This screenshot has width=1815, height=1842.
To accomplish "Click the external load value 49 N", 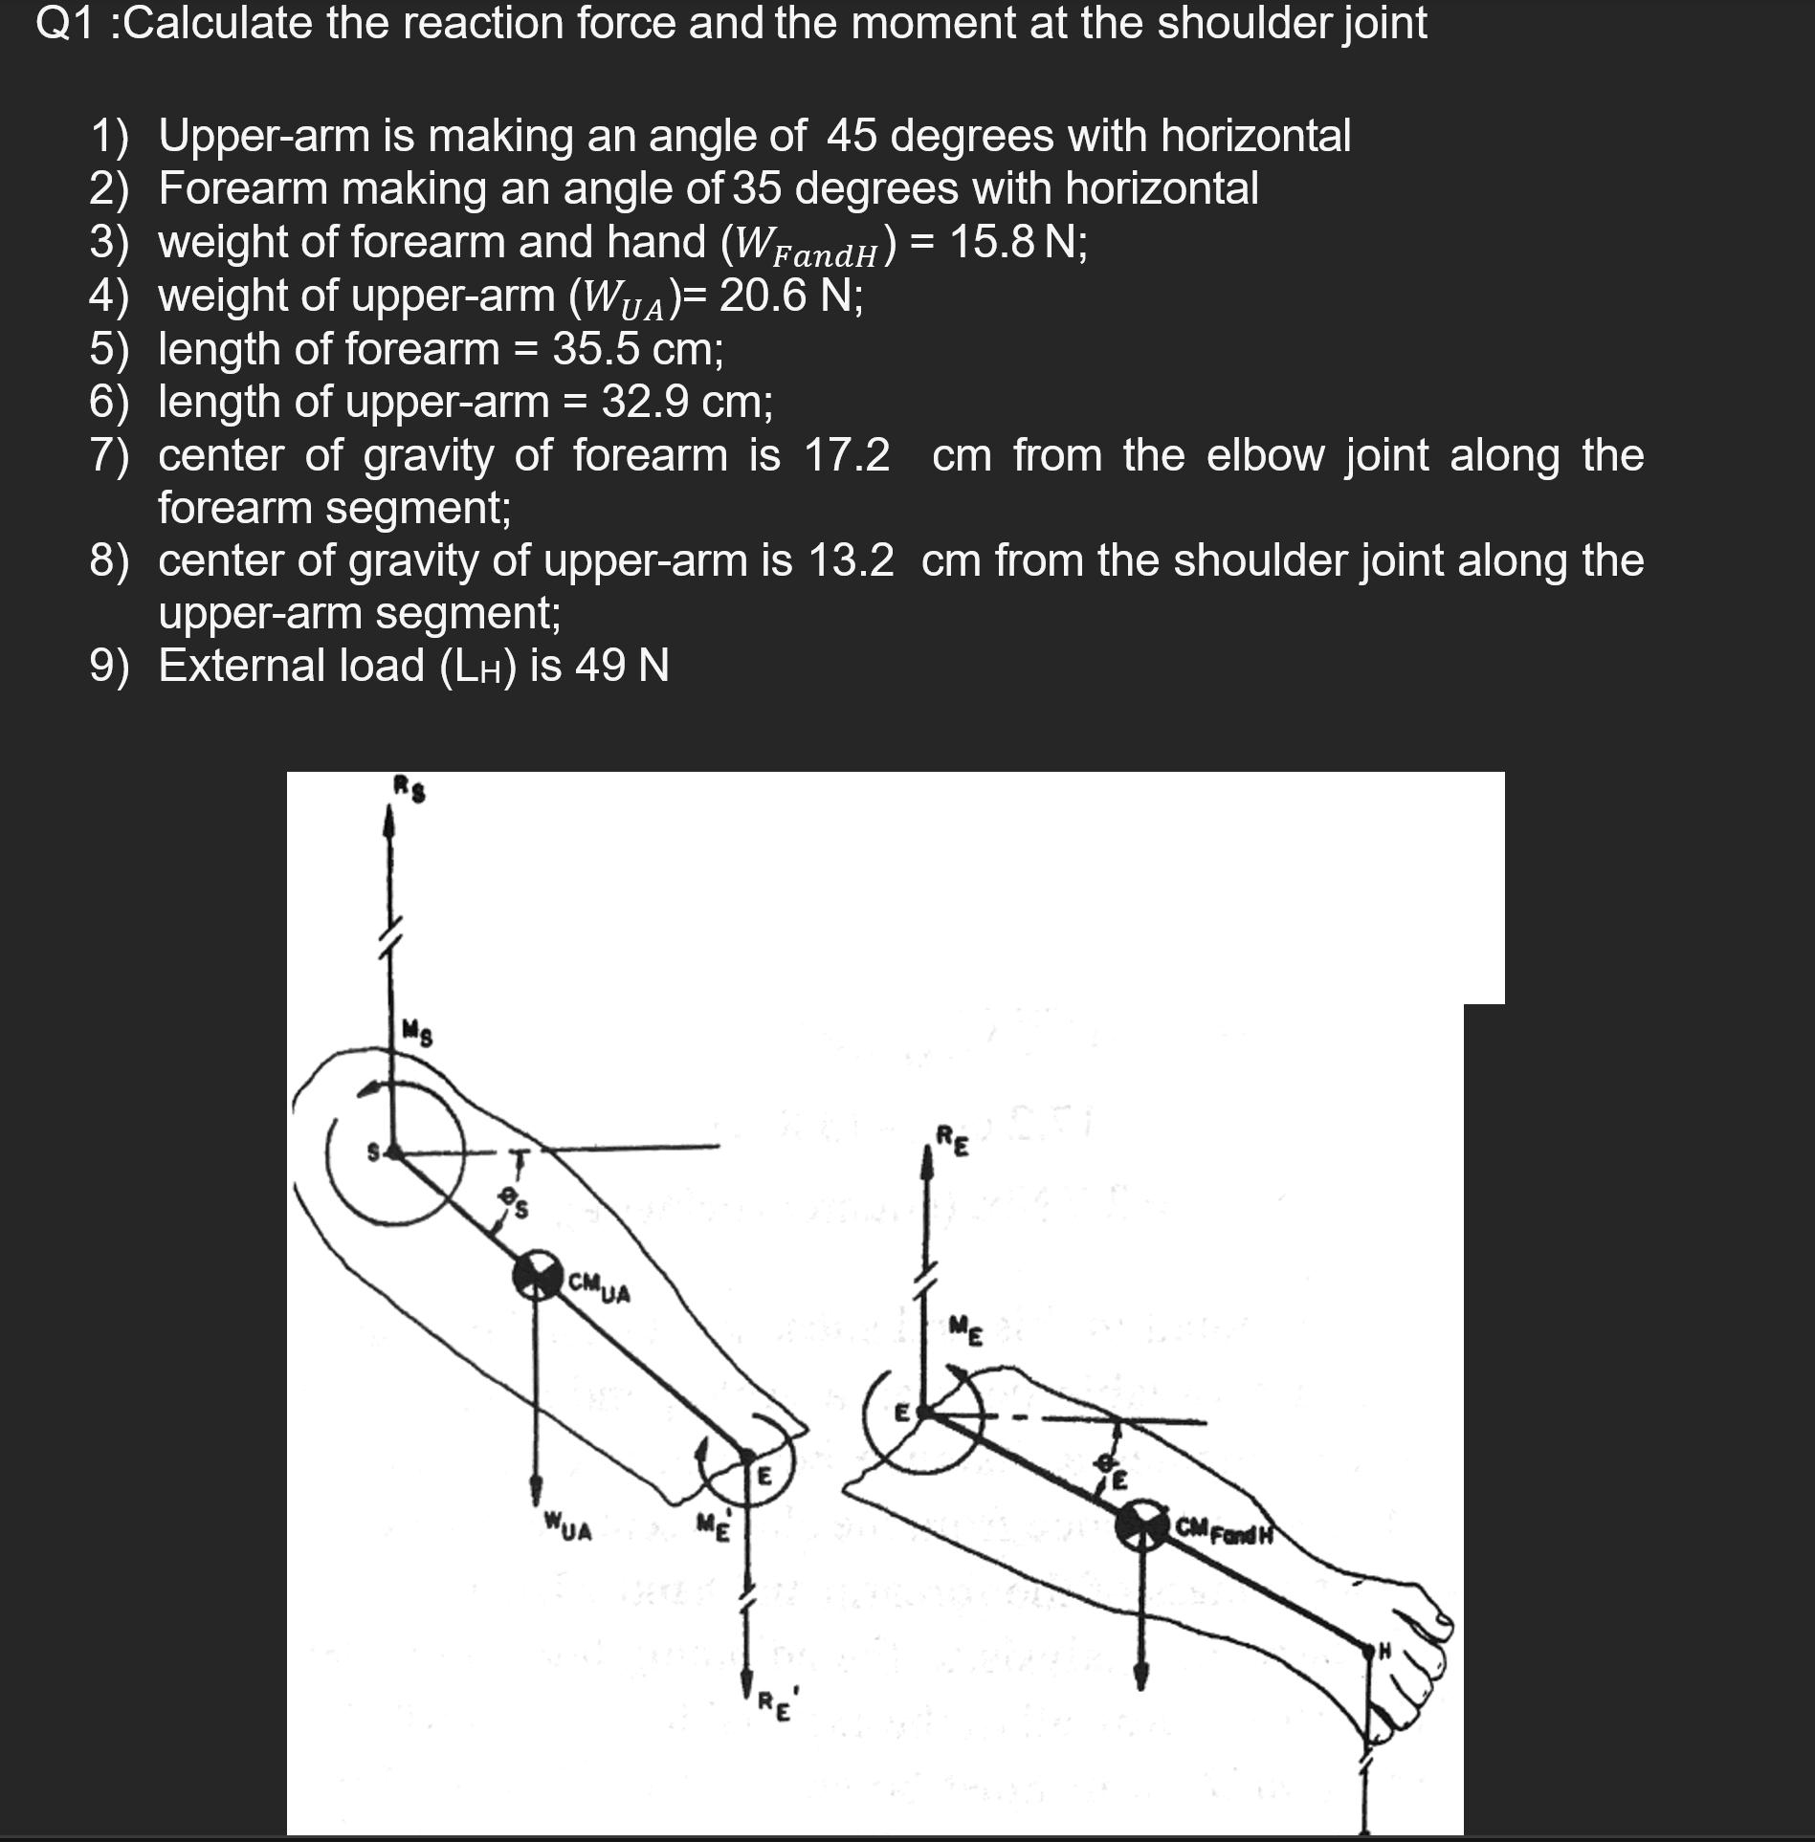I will (x=622, y=666).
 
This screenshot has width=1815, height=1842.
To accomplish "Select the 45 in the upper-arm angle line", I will (x=852, y=136).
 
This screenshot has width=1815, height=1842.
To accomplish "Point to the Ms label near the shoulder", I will (x=417, y=1033).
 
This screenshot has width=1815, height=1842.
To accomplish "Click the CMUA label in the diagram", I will (x=599, y=1289).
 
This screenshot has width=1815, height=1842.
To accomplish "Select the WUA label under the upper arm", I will (x=568, y=1525).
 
